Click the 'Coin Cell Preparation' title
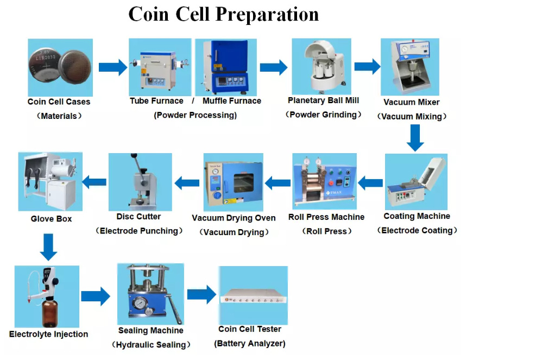coord(224,14)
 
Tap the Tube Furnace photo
coord(160,67)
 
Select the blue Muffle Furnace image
coord(226,67)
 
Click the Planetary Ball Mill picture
coord(321,66)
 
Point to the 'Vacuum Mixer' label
coord(411,102)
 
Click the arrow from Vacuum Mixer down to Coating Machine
coord(415,138)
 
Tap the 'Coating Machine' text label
coord(417,216)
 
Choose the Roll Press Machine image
coord(324,181)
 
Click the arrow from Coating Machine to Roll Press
coord(370,183)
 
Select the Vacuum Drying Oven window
coord(244,183)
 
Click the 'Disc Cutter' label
coord(138,217)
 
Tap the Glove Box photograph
coord(51,181)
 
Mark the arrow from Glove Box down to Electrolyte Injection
coord(48,247)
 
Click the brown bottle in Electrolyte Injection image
coord(50,313)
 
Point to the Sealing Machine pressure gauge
coord(140,303)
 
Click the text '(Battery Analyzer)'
coord(250,344)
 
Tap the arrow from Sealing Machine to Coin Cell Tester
coord(201,294)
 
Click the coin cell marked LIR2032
coord(44,66)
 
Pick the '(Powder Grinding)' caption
coord(323,115)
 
